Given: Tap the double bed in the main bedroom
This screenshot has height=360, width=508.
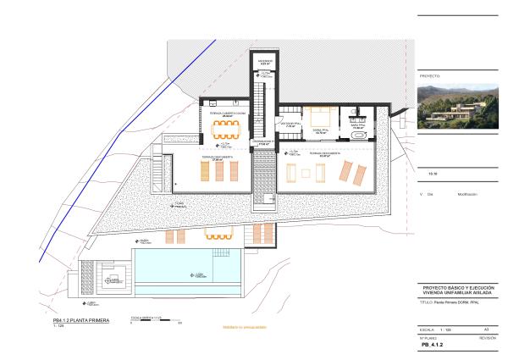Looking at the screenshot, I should point(322,119).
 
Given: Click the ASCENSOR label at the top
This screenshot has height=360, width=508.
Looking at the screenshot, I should point(265,62).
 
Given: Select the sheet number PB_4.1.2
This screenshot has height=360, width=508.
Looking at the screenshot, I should point(433,346).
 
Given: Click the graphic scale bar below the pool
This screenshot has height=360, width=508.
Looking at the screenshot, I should point(155,319).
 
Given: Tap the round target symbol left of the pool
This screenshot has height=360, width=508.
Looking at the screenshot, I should point(110,278).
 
